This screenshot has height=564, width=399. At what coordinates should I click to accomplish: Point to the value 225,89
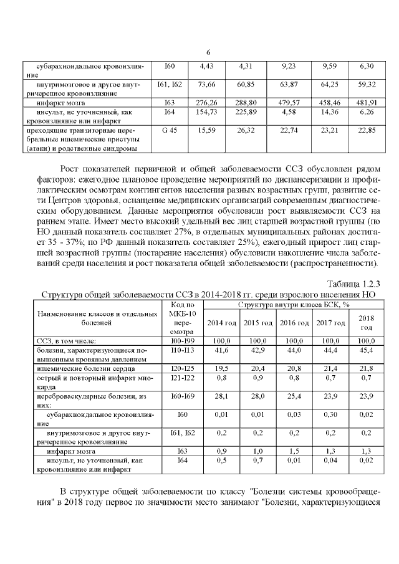[249, 112]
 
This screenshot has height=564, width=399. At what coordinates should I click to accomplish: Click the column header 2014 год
[222, 323]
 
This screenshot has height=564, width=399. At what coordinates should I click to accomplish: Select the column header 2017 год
[330, 323]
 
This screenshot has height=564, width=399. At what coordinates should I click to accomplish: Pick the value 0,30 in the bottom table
[330, 414]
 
